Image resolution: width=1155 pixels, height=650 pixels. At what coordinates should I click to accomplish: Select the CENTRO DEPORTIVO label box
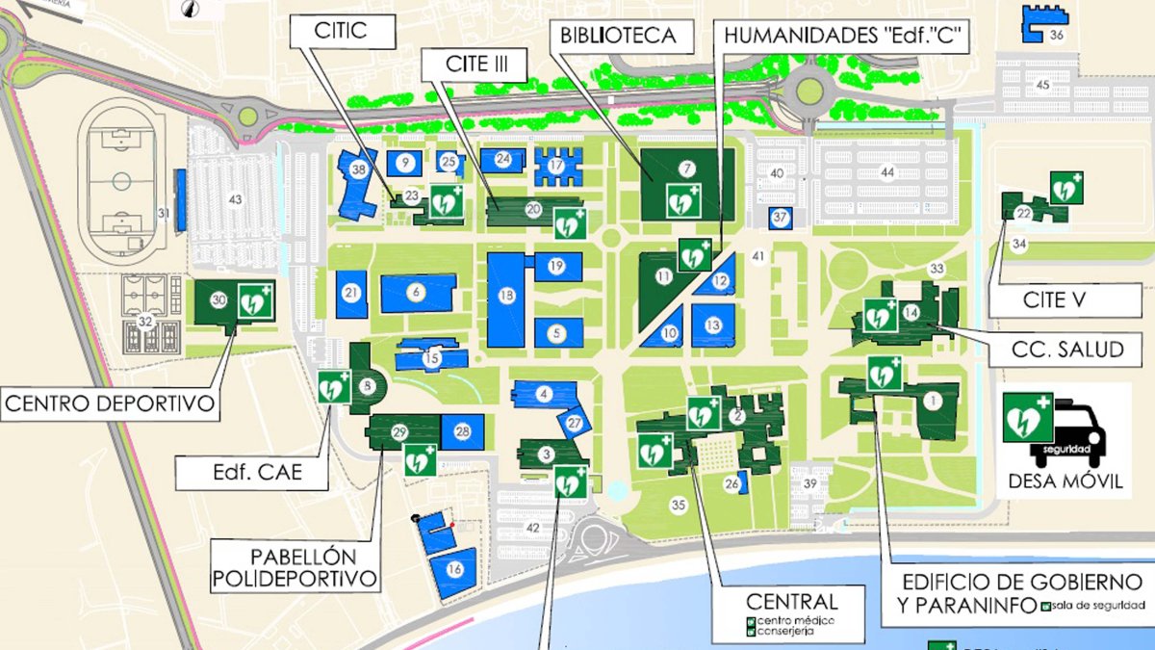110,403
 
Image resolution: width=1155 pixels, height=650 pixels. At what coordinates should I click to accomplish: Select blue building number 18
506,298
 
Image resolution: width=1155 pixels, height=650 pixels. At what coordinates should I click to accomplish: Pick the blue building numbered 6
417,293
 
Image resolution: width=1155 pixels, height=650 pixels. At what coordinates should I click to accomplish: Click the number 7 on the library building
686,169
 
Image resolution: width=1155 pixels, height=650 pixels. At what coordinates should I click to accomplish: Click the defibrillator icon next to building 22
1065,188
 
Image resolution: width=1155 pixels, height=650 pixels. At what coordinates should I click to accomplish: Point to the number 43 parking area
234,199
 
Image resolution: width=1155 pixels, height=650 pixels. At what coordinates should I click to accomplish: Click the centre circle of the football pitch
121,180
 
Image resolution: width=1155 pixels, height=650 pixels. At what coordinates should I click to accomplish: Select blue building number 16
454,568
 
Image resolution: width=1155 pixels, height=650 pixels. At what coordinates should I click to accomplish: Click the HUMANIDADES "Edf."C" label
845,37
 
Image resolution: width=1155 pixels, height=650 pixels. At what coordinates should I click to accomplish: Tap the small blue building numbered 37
781,218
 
